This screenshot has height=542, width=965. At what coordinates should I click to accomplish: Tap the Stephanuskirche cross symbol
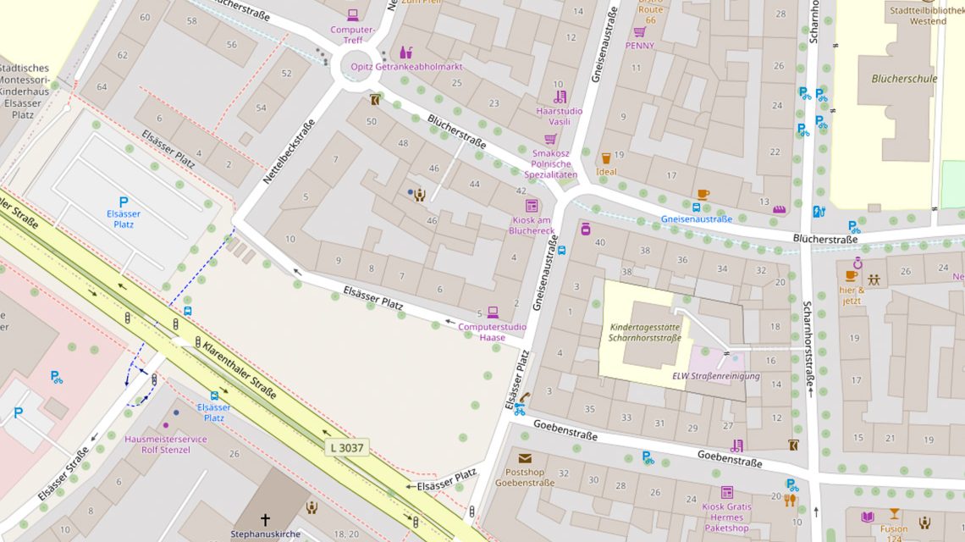(265, 520)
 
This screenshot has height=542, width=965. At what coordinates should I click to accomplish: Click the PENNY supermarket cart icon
(639, 32)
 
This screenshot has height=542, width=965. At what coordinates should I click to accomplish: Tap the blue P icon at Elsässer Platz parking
(123, 202)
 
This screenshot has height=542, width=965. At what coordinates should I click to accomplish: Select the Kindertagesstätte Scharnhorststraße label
(644, 332)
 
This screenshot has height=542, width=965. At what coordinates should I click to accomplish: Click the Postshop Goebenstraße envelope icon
(525, 458)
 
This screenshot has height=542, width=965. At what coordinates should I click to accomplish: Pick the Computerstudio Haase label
(492, 332)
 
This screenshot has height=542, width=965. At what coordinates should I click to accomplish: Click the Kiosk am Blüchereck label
(532, 225)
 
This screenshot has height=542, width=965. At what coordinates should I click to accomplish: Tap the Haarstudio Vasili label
(559, 116)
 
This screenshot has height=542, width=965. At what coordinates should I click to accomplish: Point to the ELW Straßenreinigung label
(715, 376)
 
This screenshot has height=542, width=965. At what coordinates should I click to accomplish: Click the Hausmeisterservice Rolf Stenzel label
(165, 445)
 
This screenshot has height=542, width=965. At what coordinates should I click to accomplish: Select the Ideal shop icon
(606, 158)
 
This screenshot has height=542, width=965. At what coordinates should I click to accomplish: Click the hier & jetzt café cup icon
(851, 276)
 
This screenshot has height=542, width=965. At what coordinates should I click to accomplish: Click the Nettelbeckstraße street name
(289, 152)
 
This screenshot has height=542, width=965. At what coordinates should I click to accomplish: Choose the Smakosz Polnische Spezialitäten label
(550, 163)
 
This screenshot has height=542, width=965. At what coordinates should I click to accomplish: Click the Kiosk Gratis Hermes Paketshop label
(725, 517)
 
